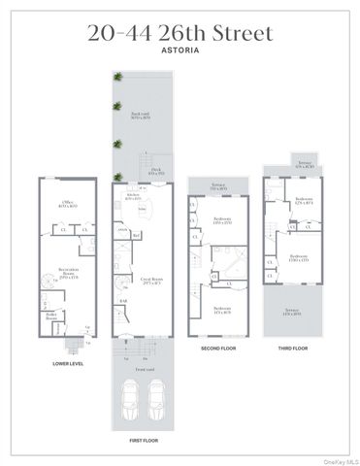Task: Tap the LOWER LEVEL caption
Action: (x=66, y=363)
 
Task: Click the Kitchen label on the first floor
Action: (x=133, y=196)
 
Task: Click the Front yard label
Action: (x=145, y=369)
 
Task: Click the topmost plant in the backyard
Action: (x=117, y=76)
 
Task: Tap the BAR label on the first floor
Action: (x=123, y=301)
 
